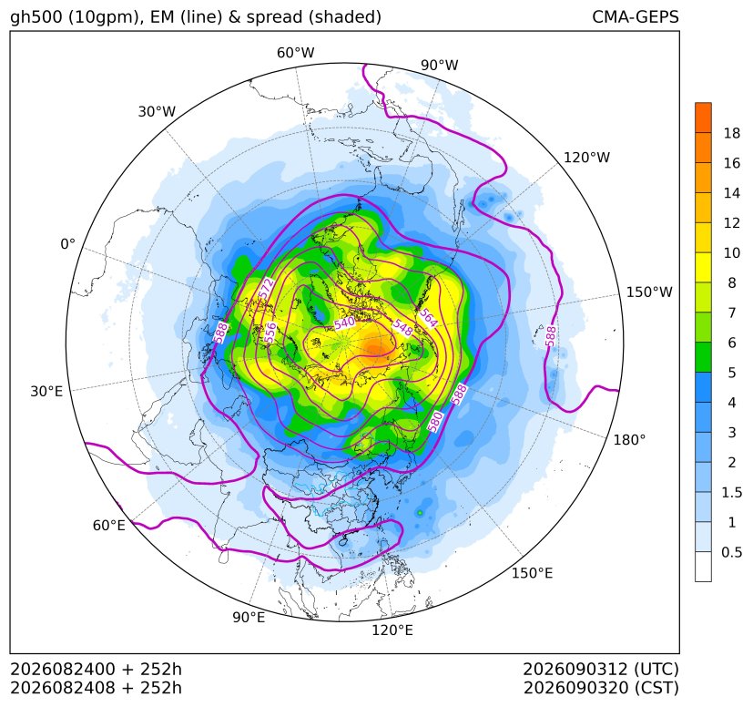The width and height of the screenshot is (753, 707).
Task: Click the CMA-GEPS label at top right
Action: (636, 16)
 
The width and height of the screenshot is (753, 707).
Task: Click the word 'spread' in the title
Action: (273, 17)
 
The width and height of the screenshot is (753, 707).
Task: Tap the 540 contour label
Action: (344, 323)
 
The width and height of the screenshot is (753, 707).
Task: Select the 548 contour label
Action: (402, 327)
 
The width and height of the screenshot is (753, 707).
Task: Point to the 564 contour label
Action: (428, 317)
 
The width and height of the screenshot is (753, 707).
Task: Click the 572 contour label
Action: (266, 289)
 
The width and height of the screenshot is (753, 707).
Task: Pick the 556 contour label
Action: (270, 333)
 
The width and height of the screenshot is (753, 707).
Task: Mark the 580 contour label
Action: (434, 421)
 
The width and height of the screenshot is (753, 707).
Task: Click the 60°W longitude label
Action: (295, 53)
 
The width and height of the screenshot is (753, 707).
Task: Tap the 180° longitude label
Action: (629, 440)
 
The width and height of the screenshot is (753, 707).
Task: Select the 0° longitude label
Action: (67, 244)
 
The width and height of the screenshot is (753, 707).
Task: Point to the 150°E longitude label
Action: (532, 573)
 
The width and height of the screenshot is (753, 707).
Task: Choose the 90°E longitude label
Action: (249, 617)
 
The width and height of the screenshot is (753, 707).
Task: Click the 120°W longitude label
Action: (586, 158)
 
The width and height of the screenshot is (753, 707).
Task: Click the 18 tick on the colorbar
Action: (732, 133)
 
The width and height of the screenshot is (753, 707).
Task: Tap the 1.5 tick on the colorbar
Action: (732, 492)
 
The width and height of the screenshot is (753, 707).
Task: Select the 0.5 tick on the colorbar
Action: (732, 552)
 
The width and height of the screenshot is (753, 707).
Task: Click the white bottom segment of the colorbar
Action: (703, 567)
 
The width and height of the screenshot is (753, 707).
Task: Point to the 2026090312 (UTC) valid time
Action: (601, 669)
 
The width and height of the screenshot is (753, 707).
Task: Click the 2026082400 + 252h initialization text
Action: (96, 669)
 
